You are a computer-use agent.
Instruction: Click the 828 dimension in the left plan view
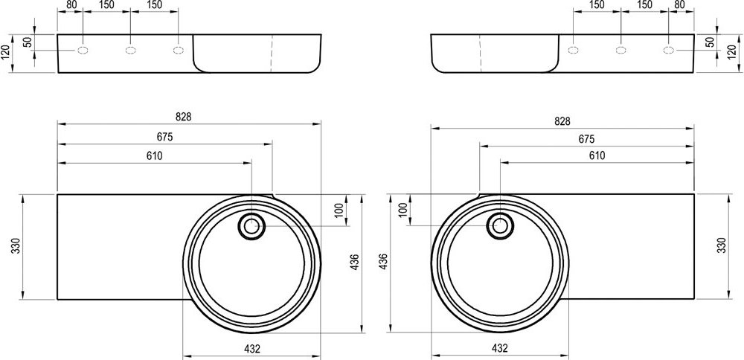(x=185, y=117)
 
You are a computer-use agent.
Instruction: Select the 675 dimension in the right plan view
(x=586, y=139)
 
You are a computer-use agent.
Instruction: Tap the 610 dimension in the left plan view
(x=154, y=155)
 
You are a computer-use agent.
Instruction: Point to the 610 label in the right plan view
(x=597, y=155)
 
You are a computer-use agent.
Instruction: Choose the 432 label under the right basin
(x=500, y=347)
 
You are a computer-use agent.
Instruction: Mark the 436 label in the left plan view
(x=354, y=262)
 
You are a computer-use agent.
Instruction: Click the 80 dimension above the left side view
(x=71, y=4)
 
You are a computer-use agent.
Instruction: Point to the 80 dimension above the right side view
(x=679, y=4)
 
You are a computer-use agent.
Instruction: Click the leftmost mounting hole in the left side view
(x=83, y=51)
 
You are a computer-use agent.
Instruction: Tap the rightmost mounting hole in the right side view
(x=669, y=51)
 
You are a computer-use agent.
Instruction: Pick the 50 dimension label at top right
(x=709, y=42)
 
